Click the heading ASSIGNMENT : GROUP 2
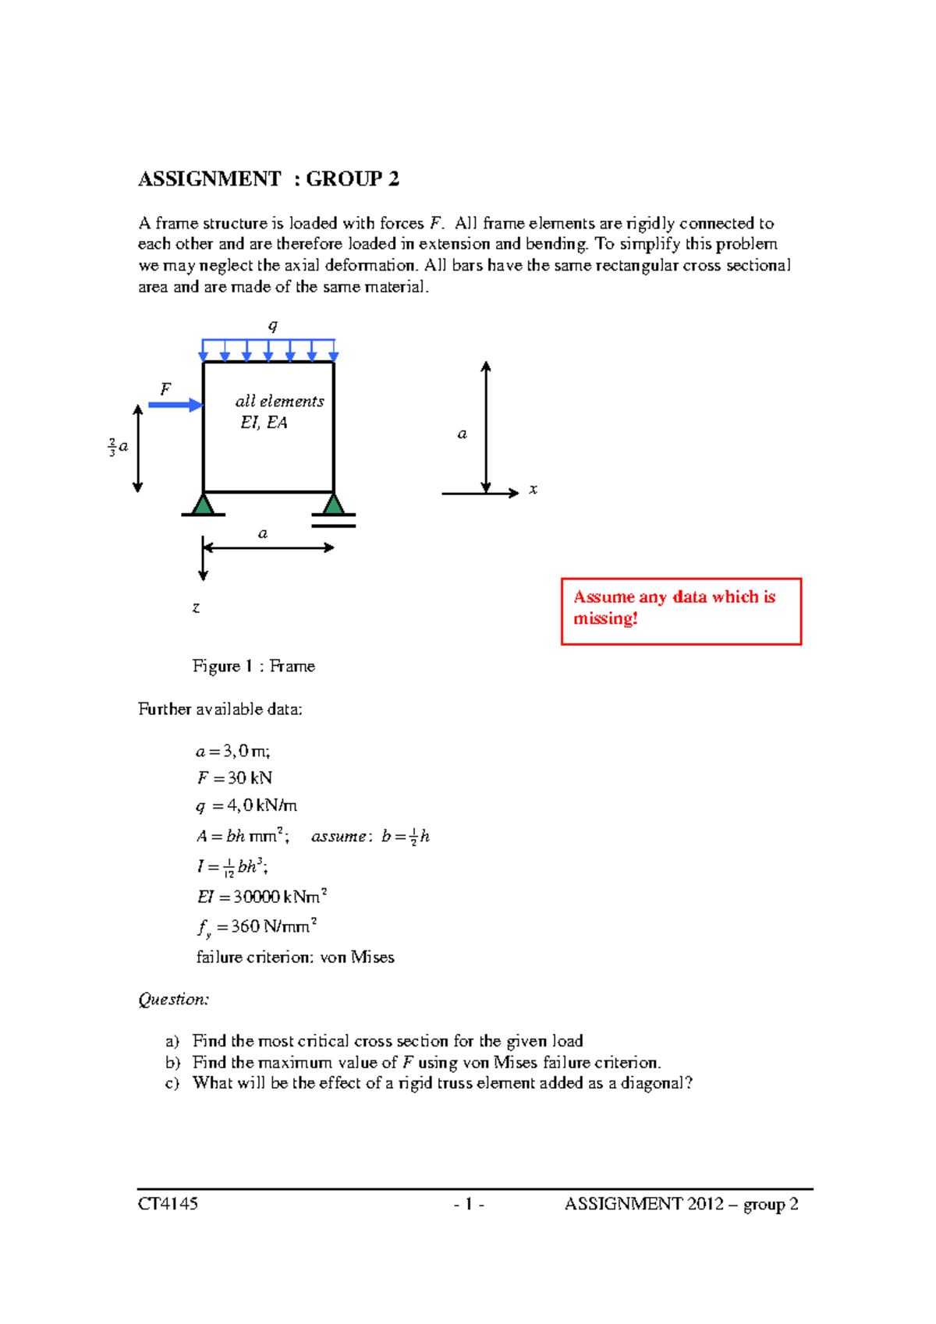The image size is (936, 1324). point(268,179)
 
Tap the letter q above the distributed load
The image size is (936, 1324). point(272,326)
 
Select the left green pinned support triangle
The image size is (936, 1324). point(203,504)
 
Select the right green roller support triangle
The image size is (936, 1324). point(334,504)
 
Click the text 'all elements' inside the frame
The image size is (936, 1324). point(279,402)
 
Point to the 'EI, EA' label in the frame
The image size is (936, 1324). point(264,423)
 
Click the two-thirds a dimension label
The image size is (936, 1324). point(118,448)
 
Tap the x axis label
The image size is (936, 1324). point(533,490)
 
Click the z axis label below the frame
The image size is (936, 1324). point(196,607)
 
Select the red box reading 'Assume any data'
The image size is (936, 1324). point(681,611)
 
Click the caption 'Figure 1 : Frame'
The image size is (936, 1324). point(253,666)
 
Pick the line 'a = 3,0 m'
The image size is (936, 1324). point(232,751)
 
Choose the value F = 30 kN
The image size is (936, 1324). point(234,778)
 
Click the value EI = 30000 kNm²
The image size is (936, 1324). point(261,897)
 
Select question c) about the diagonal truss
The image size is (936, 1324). point(441,1083)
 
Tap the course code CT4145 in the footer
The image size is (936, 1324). point(168,1204)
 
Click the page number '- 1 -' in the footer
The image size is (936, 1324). point(469,1204)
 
